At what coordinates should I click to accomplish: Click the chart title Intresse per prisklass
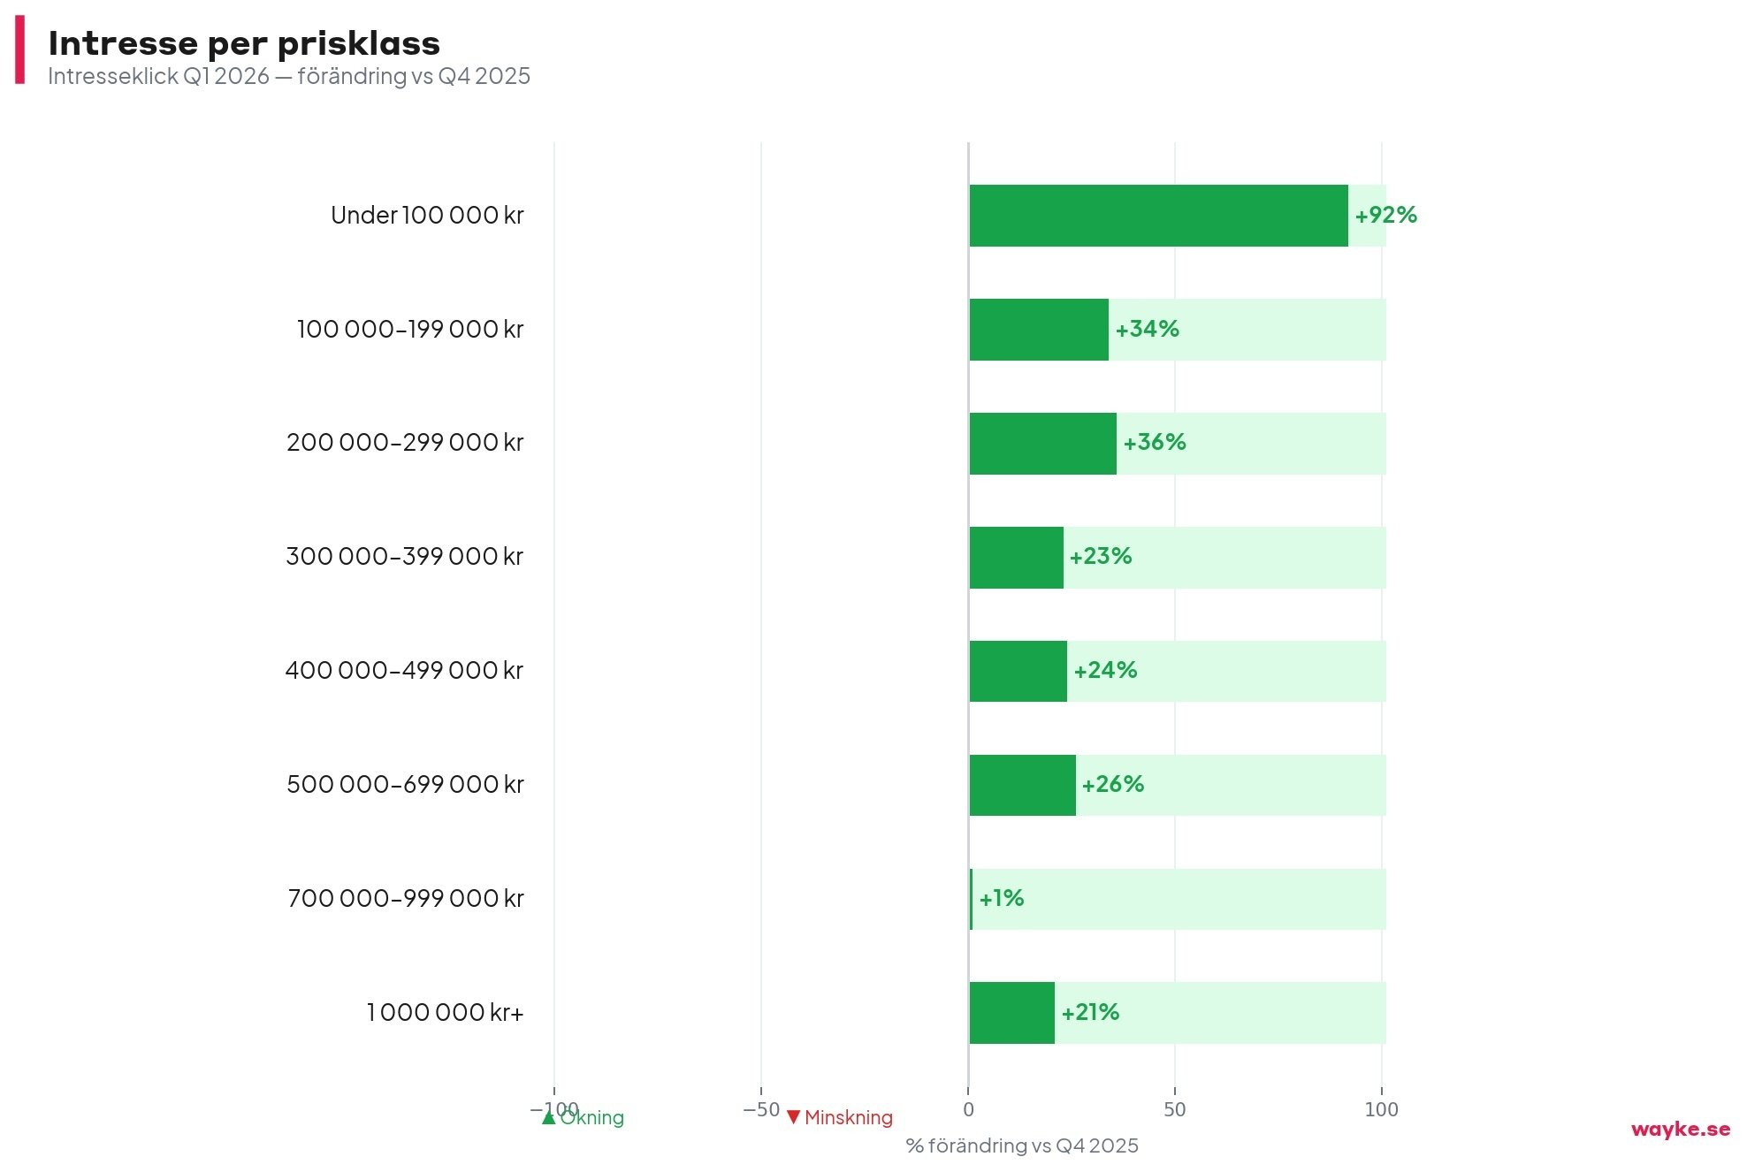[244, 43]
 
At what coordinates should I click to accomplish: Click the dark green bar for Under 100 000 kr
[1158, 216]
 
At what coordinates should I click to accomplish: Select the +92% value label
[1385, 216]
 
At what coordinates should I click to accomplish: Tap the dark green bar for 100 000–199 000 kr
[1039, 330]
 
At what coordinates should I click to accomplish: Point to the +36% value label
[1154, 443]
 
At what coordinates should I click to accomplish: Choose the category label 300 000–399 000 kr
[405, 557]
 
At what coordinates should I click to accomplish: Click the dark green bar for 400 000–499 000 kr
[1018, 671]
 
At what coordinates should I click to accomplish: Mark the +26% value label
[1112, 785]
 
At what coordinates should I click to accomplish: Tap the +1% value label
[1001, 899]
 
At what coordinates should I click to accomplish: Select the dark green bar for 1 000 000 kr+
[1011, 1013]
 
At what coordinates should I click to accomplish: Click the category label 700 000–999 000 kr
[406, 899]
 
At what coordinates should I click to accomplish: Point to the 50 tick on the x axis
[1174, 1110]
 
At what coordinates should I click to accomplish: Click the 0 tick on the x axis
[968, 1110]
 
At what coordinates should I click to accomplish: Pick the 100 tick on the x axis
[1381, 1110]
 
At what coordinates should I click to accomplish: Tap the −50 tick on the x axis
[761, 1110]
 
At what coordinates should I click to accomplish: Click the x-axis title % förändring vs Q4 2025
[1022, 1146]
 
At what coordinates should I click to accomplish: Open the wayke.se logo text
[1680, 1130]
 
